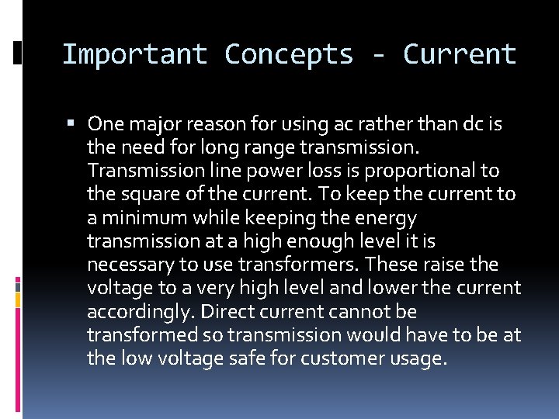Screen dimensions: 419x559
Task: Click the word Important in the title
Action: click(x=134, y=54)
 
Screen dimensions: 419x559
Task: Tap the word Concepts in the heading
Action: click(x=289, y=54)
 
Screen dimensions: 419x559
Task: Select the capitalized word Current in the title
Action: click(x=460, y=54)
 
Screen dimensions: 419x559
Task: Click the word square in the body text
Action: click(x=144, y=194)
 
